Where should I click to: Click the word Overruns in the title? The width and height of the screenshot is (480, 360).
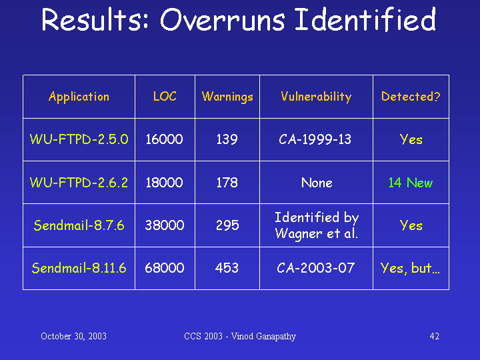tap(222, 20)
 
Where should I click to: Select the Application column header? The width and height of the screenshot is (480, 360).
tap(79, 97)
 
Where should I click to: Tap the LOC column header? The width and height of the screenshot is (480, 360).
tap(165, 97)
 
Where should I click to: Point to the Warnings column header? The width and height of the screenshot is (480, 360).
tap(227, 97)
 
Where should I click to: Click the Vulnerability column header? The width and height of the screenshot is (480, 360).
tap(316, 97)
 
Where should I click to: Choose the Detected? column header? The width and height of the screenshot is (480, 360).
tap(411, 97)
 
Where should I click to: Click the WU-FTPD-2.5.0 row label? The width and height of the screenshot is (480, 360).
tap(79, 139)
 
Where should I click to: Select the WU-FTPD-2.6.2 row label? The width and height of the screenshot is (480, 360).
tap(79, 183)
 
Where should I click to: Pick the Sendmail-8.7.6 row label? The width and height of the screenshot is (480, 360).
tap(79, 225)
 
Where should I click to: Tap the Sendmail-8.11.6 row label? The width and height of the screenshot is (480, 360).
tap(79, 268)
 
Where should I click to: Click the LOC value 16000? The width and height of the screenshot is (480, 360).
tap(164, 139)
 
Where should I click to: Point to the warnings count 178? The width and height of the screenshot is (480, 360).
tap(227, 183)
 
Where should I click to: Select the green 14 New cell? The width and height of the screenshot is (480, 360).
tap(411, 183)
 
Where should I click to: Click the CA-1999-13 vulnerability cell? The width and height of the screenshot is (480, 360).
tap(315, 139)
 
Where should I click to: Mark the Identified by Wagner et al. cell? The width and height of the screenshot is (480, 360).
tap(316, 225)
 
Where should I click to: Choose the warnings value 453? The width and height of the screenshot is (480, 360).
tap(227, 268)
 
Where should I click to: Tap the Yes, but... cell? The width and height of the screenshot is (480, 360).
tap(410, 269)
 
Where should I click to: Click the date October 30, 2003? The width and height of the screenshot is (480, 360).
tap(73, 337)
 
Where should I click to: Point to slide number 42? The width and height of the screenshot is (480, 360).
tap(435, 337)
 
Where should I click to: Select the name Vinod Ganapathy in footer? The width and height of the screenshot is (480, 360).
tap(263, 337)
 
